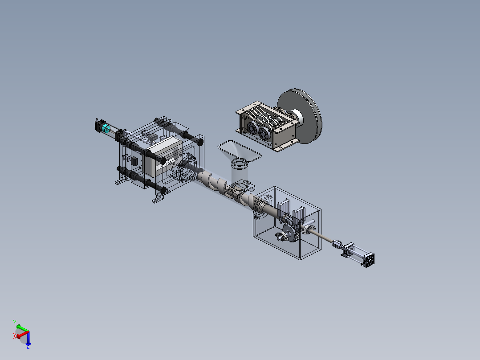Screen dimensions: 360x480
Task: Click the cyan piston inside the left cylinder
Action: pos(106,129)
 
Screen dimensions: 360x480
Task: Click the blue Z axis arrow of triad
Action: pos(28,343)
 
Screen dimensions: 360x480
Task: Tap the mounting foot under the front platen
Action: pos(158,199)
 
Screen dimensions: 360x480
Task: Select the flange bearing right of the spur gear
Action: pos(308,230)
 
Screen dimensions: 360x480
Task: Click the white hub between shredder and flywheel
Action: pos(297,117)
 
